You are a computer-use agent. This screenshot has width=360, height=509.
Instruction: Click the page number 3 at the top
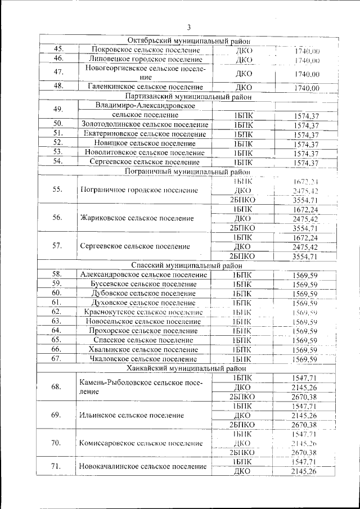coord(189,27)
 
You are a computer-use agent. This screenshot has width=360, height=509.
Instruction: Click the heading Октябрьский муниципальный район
coord(188,41)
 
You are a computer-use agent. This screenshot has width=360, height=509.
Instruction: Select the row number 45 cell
coord(57,49)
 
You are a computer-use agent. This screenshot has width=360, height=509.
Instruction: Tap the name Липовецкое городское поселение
coord(145,59)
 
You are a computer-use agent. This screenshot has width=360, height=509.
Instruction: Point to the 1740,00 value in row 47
coord(307,74)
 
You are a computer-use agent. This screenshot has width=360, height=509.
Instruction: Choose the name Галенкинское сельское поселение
coord(145,87)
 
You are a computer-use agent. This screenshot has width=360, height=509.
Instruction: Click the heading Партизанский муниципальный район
coord(188,96)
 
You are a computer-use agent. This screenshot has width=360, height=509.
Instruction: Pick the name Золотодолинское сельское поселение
coord(145,124)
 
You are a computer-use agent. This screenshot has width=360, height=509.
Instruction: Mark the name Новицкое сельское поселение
coord(145,143)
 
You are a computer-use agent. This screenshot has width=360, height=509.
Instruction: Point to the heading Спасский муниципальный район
coord(188,265)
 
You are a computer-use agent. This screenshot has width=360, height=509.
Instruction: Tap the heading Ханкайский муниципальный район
coord(188,368)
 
